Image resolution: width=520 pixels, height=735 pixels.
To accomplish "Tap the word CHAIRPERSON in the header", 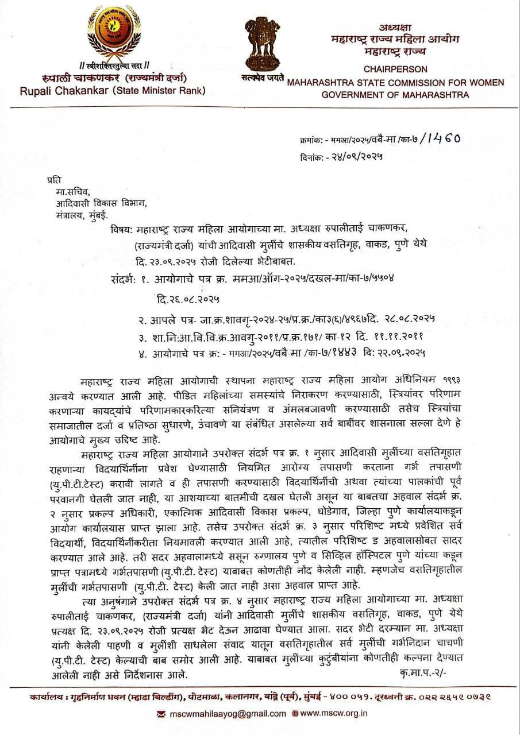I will [395, 69].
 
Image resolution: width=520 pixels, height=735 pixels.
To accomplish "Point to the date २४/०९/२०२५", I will [356, 156].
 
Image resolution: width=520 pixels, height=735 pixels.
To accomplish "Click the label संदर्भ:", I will [121, 279].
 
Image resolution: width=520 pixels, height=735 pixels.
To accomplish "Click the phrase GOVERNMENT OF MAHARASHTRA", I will [395, 95].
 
